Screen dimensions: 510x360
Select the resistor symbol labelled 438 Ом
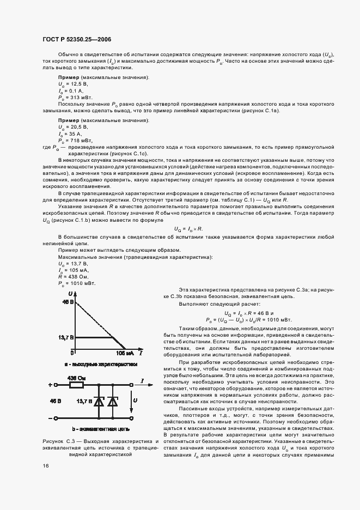(x=76, y=384)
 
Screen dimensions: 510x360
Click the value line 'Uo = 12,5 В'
(x=73, y=85)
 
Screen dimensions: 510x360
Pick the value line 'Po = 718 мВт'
(x=76, y=140)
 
